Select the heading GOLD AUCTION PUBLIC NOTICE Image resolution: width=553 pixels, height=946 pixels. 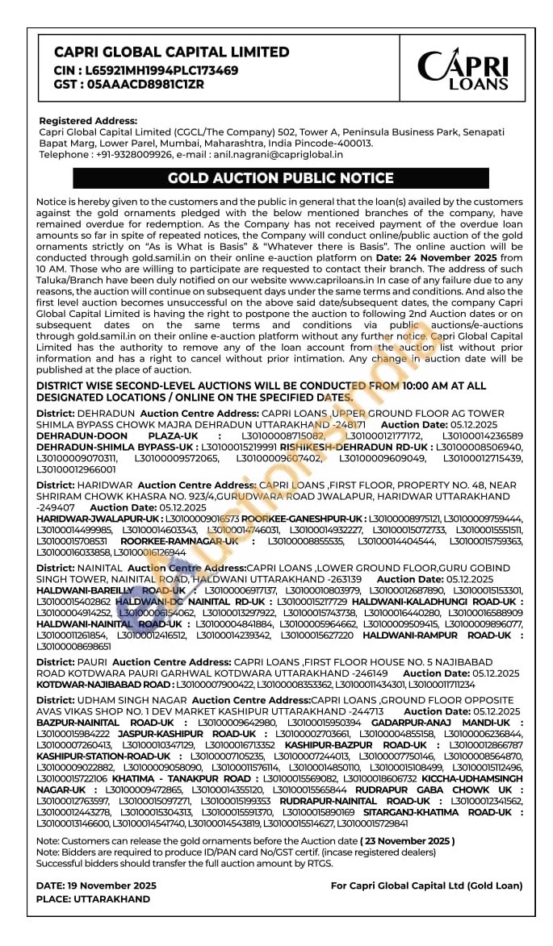[x=280, y=178]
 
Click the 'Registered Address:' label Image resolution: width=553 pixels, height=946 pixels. [x=88, y=120]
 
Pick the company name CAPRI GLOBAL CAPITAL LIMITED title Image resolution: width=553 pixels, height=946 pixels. [x=171, y=52]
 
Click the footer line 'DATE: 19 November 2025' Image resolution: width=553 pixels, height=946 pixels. [x=96, y=886]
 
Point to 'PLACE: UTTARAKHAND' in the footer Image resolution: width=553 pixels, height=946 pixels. [x=93, y=898]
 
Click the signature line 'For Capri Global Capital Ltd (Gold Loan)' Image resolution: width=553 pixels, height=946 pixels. [x=426, y=886]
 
